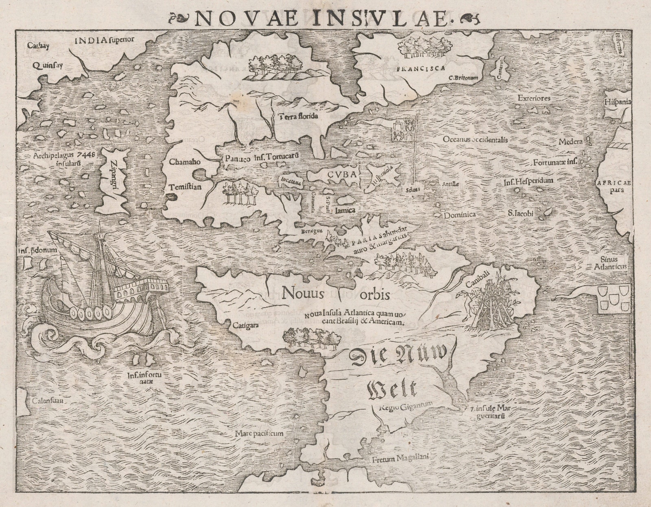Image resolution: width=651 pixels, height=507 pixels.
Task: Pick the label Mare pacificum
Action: pos(259,434)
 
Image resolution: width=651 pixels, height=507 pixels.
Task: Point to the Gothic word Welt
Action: pos(392,389)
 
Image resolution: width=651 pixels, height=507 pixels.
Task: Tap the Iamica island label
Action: pos(346,210)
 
